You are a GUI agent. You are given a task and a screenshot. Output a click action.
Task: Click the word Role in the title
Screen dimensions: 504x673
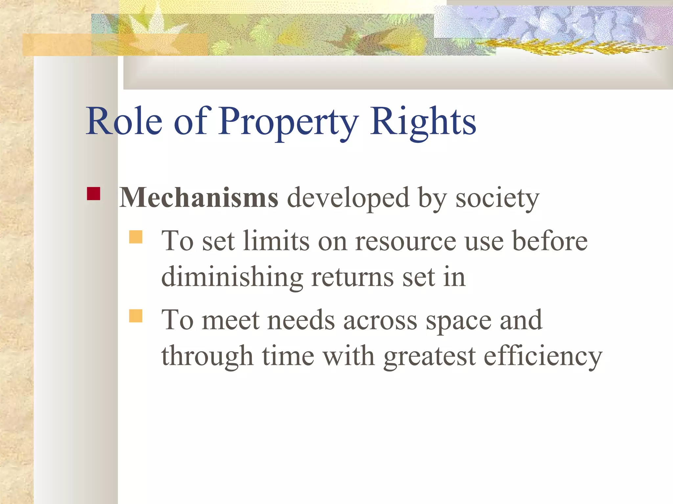(x=124, y=121)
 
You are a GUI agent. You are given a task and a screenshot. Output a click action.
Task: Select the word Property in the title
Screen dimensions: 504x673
(x=288, y=122)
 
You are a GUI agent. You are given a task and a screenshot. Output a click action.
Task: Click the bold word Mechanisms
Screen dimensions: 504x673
(x=198, y=198)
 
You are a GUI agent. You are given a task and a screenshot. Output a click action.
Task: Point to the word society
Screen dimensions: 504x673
(x=497, y=199)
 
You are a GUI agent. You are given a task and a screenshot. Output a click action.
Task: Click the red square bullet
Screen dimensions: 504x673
(x=94, y=194)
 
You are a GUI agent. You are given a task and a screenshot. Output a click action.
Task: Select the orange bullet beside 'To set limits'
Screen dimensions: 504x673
(x=136, y=237)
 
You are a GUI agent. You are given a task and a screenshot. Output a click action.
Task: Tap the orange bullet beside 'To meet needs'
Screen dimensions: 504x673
(x=136, y=316)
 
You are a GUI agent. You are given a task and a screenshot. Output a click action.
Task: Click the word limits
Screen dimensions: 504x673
(x=276, y=241)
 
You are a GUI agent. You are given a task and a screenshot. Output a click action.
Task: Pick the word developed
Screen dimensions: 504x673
(x=348, y=199)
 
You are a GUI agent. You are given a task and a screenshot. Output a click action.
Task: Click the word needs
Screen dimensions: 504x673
(x=301, y=320)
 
